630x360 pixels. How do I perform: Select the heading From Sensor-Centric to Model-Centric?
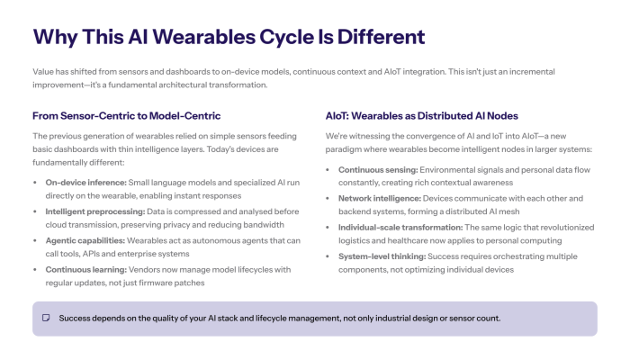[126, 116]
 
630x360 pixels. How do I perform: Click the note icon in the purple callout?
[45, 319]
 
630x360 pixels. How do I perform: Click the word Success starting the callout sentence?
[76, 319]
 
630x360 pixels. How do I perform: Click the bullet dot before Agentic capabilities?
[36, 241]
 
